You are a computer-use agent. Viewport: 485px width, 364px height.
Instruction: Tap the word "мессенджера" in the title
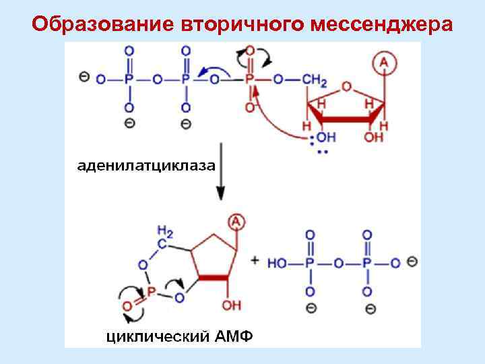383,24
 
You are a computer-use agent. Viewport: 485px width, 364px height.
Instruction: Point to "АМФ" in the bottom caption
232,335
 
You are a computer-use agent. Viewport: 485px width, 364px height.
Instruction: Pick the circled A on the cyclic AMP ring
236,220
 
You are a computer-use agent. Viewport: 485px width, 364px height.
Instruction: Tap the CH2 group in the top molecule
315,80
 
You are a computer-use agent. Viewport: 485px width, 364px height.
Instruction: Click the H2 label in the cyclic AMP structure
165,232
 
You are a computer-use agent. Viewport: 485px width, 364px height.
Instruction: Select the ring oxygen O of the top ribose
346,87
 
